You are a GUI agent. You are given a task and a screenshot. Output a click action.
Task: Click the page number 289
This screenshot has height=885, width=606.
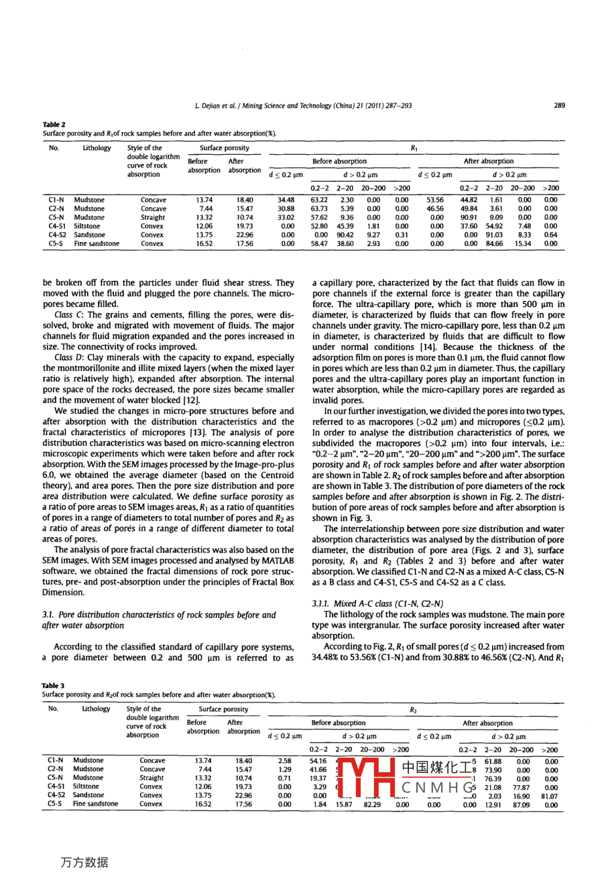coord(559,105)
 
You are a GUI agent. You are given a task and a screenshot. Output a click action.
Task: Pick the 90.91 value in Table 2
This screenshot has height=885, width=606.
coord(469,217)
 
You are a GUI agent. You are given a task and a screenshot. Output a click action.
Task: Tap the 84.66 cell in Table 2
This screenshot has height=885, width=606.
coord(495,244)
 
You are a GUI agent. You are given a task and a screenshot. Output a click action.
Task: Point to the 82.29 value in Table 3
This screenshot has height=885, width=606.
coord(372,804)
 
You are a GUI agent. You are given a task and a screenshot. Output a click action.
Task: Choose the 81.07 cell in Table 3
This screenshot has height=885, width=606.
coord(550,795)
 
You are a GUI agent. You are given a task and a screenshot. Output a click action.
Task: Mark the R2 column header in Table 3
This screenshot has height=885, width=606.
coord(414,709)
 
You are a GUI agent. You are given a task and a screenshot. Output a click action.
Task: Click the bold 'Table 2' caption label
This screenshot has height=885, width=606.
coord(53,125)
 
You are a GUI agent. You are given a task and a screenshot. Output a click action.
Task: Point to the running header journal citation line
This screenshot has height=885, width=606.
coord(303,105)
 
